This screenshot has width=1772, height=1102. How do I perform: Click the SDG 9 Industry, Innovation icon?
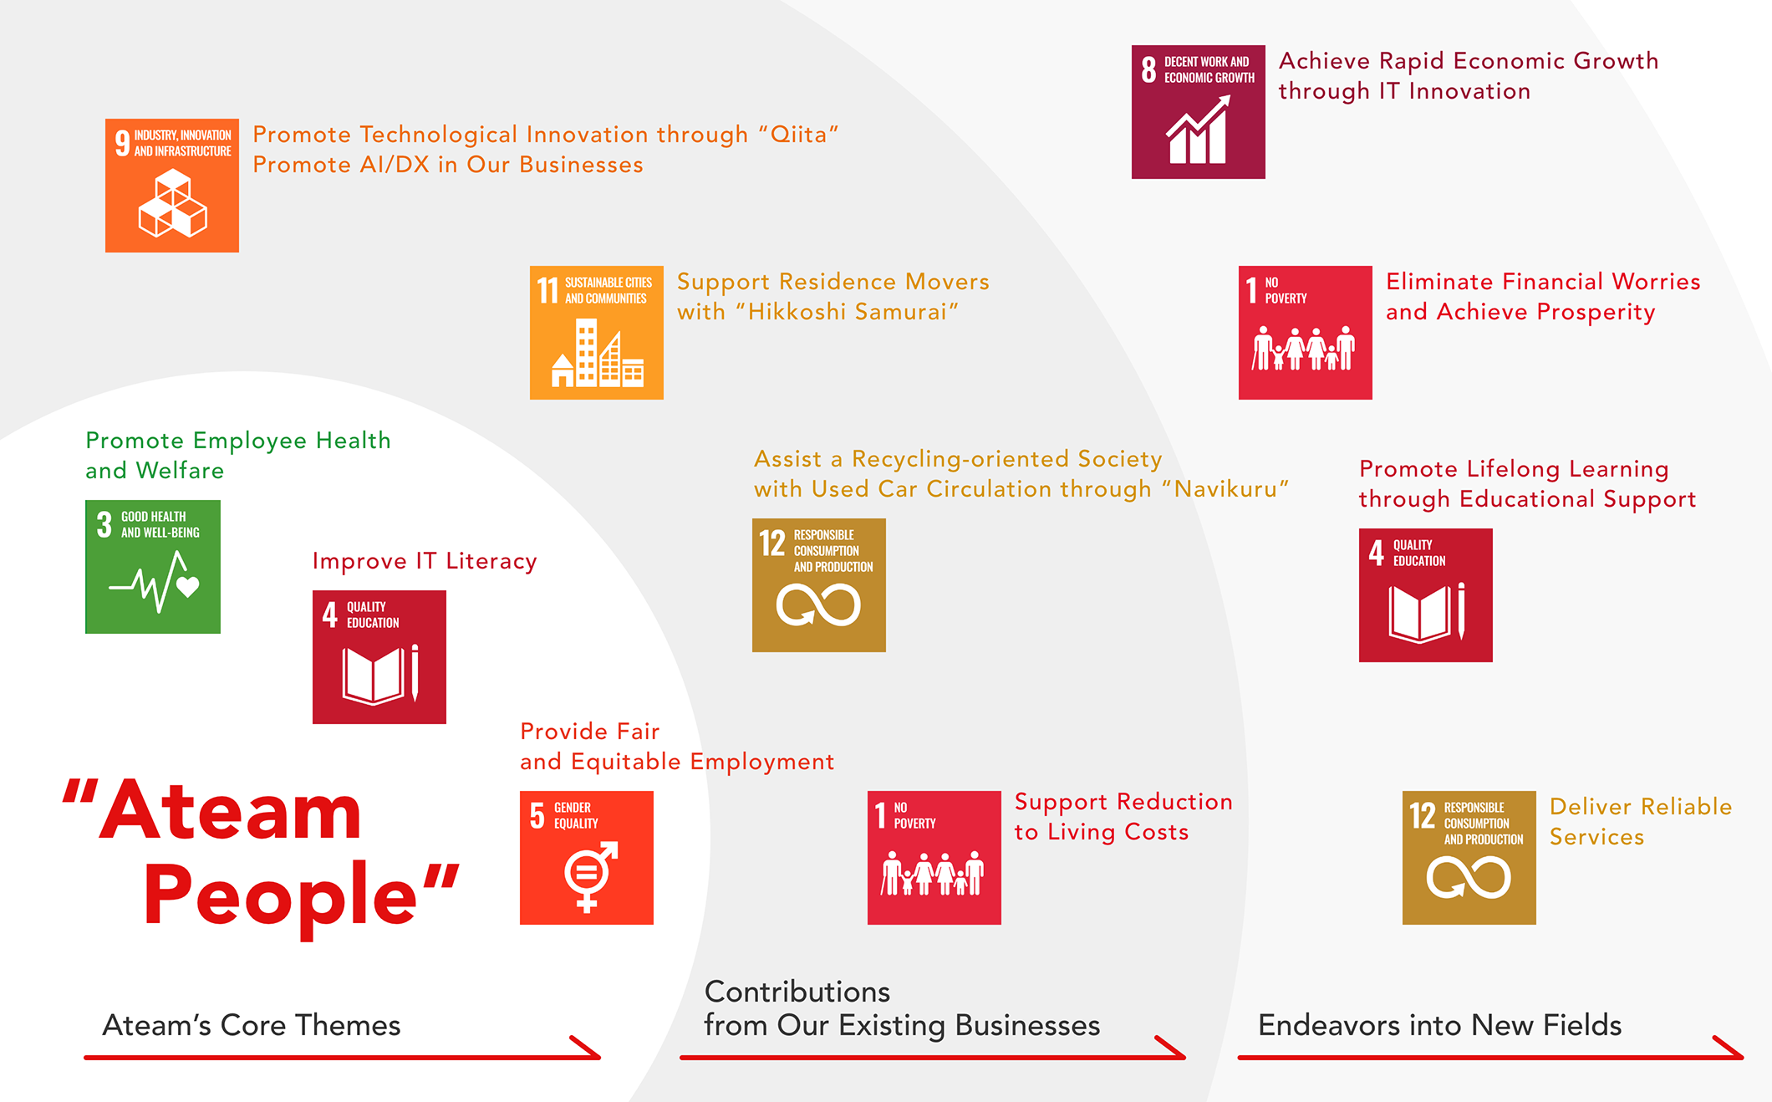pyautogui.click(x=172, y=186)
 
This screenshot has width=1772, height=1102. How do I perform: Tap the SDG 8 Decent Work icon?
pyautogui.click(x=1198, y=112)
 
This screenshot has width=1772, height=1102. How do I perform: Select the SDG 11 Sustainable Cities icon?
pyautogui.click(x=596, y=333)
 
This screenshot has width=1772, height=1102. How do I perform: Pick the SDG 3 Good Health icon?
pyautogui.click(x=153, y=567)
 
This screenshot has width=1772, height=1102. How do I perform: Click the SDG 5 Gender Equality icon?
pyautogui.click(x=586, y=858)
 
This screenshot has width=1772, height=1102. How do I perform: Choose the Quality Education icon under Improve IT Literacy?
pyautogui.click(x=379, y=657)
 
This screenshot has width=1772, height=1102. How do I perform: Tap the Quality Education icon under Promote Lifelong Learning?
pyautogui.click(x=1425, y=595)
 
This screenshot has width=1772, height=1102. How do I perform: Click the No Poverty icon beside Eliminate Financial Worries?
pyautogui.click(x=1305, y=333)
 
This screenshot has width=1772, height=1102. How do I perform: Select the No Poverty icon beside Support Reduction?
pyautogui.click(x=934, y=858)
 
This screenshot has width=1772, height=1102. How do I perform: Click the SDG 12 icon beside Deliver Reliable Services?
pyautogui.click(x=1469, y=858)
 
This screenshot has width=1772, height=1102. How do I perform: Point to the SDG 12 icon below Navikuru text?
pyautogui.click(x=818, y=585)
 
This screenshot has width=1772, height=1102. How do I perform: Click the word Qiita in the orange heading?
pyautogui.click(x=798, y=135)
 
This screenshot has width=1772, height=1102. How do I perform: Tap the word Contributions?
pyautogui.click(x=797, y=992)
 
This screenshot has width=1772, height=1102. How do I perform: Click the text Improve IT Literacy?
pyautogui.click(x=425, y=561)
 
